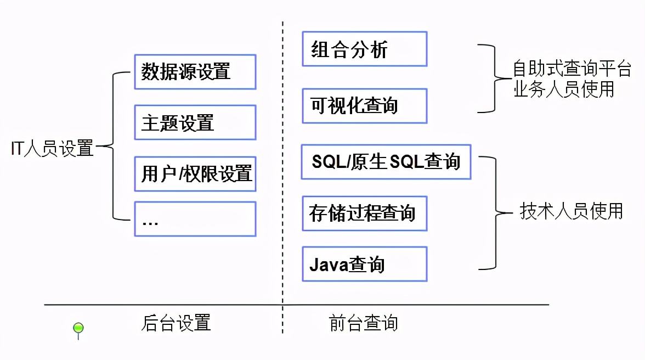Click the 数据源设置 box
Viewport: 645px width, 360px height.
[x=195, y=71]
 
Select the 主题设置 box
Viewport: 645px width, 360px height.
[x=195, y=122]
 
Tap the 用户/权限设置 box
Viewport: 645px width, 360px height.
[x=195, y=173]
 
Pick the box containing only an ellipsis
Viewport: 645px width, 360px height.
[x=195, y=219]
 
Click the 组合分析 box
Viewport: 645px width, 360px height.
[x=364, y=49]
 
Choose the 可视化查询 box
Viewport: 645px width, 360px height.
[x=364, y=105]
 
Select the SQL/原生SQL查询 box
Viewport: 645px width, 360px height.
[x=386, y=162]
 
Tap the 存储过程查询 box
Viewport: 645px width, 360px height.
[x=364, y=213]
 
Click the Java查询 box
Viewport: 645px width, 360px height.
[x=364, y=264]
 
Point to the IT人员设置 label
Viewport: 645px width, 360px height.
[x=53, y=148]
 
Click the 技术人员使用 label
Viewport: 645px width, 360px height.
[x=571, y=211]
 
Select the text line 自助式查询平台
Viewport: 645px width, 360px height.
[x=572, y=69]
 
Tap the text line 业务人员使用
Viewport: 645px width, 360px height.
[x=563, y=89]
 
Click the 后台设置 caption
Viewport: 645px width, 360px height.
[x=176, y=323]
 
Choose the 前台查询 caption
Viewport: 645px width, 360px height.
[x=364, y=323]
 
